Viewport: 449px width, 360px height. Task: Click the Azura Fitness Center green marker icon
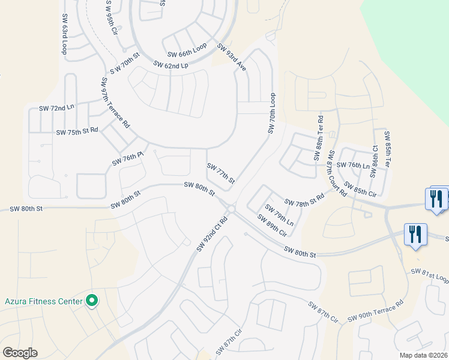coord(92,300)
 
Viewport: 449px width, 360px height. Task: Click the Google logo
coord(20,353)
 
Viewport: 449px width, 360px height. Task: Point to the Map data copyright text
coord(423,355)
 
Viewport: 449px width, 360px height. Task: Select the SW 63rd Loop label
coord(64,34)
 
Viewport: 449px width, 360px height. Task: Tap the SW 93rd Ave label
coord(232,58)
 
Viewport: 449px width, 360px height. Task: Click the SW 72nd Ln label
coord(56,108)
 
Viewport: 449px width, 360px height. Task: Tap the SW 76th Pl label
coord(128,158)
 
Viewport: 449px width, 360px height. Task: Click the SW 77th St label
coord(220,173)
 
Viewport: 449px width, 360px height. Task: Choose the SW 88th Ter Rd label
coord(318,139)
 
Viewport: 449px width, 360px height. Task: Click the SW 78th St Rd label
coord(304,200)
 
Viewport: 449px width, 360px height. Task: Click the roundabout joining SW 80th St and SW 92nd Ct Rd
coord(231,209)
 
